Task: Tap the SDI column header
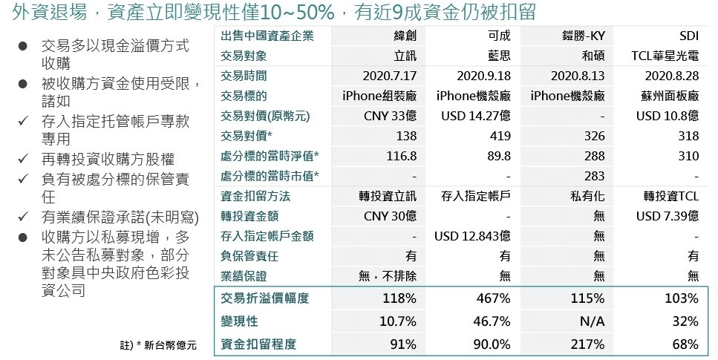[x=688, y=36]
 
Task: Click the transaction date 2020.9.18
[x=483, y=76]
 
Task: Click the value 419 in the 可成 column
[x=500, y=136]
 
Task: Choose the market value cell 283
[x=595, y=176]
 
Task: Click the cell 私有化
[x=588, y=196]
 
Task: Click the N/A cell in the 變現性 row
[x=592, y=321]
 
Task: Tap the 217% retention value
[x=590, y=344]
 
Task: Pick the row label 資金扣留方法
[x=255, y=196]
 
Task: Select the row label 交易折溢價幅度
[x=264, y=298]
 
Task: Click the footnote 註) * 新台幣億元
[x=157, y=346]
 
